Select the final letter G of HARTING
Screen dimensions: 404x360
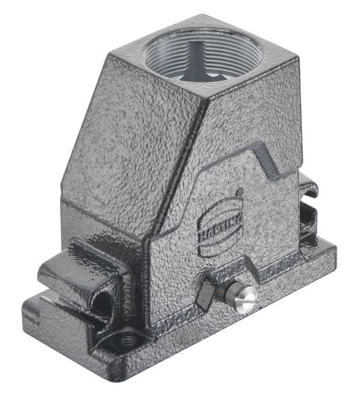[x=241, y=217]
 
